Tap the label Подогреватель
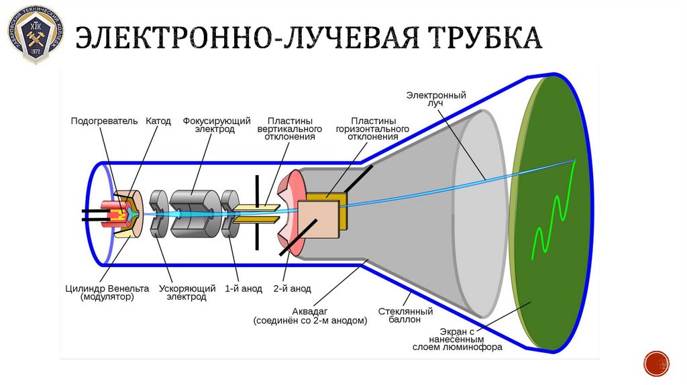click(105, 121)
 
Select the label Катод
click(158, 121)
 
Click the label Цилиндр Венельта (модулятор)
click(107, 292)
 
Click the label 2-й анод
click(293, 288)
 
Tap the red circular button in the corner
click(656, 364)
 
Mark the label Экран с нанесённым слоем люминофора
click(462, 339)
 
